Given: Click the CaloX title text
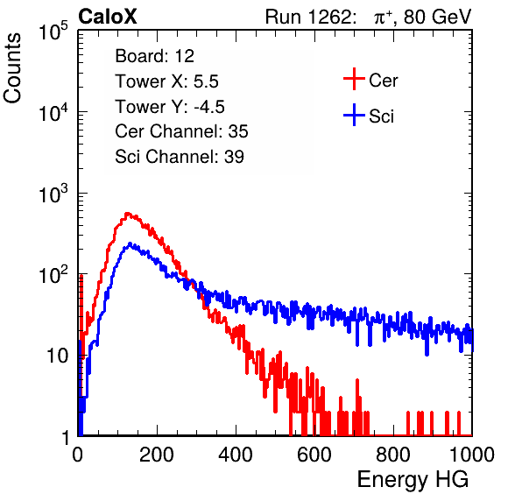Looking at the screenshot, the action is tap(108, 17).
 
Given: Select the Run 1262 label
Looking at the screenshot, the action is tap(308, 17).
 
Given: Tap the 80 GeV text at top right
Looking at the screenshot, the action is tap(437, 17).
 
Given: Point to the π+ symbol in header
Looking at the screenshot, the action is tap(384, 18).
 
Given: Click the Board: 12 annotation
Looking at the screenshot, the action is tap(154, 56).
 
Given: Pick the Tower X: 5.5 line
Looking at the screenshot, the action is tap(166, 81).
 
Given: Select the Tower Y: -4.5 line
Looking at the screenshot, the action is tap(170, 107).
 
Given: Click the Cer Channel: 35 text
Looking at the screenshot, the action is tap(181, 131).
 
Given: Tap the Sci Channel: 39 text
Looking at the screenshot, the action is tap(180, 157).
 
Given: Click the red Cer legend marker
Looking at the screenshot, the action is tap(354, 79).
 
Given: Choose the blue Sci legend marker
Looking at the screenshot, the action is tap(354, 115).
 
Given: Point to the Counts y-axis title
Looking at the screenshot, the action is tap(12, 68).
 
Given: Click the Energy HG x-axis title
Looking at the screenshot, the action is tap(413, 479).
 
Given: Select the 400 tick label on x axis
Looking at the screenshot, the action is tap(236, 454).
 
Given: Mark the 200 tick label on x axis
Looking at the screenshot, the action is tap(157, 454).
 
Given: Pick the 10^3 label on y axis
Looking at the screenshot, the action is tap(53, 194).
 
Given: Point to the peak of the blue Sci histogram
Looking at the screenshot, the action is tap(130, 243).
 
